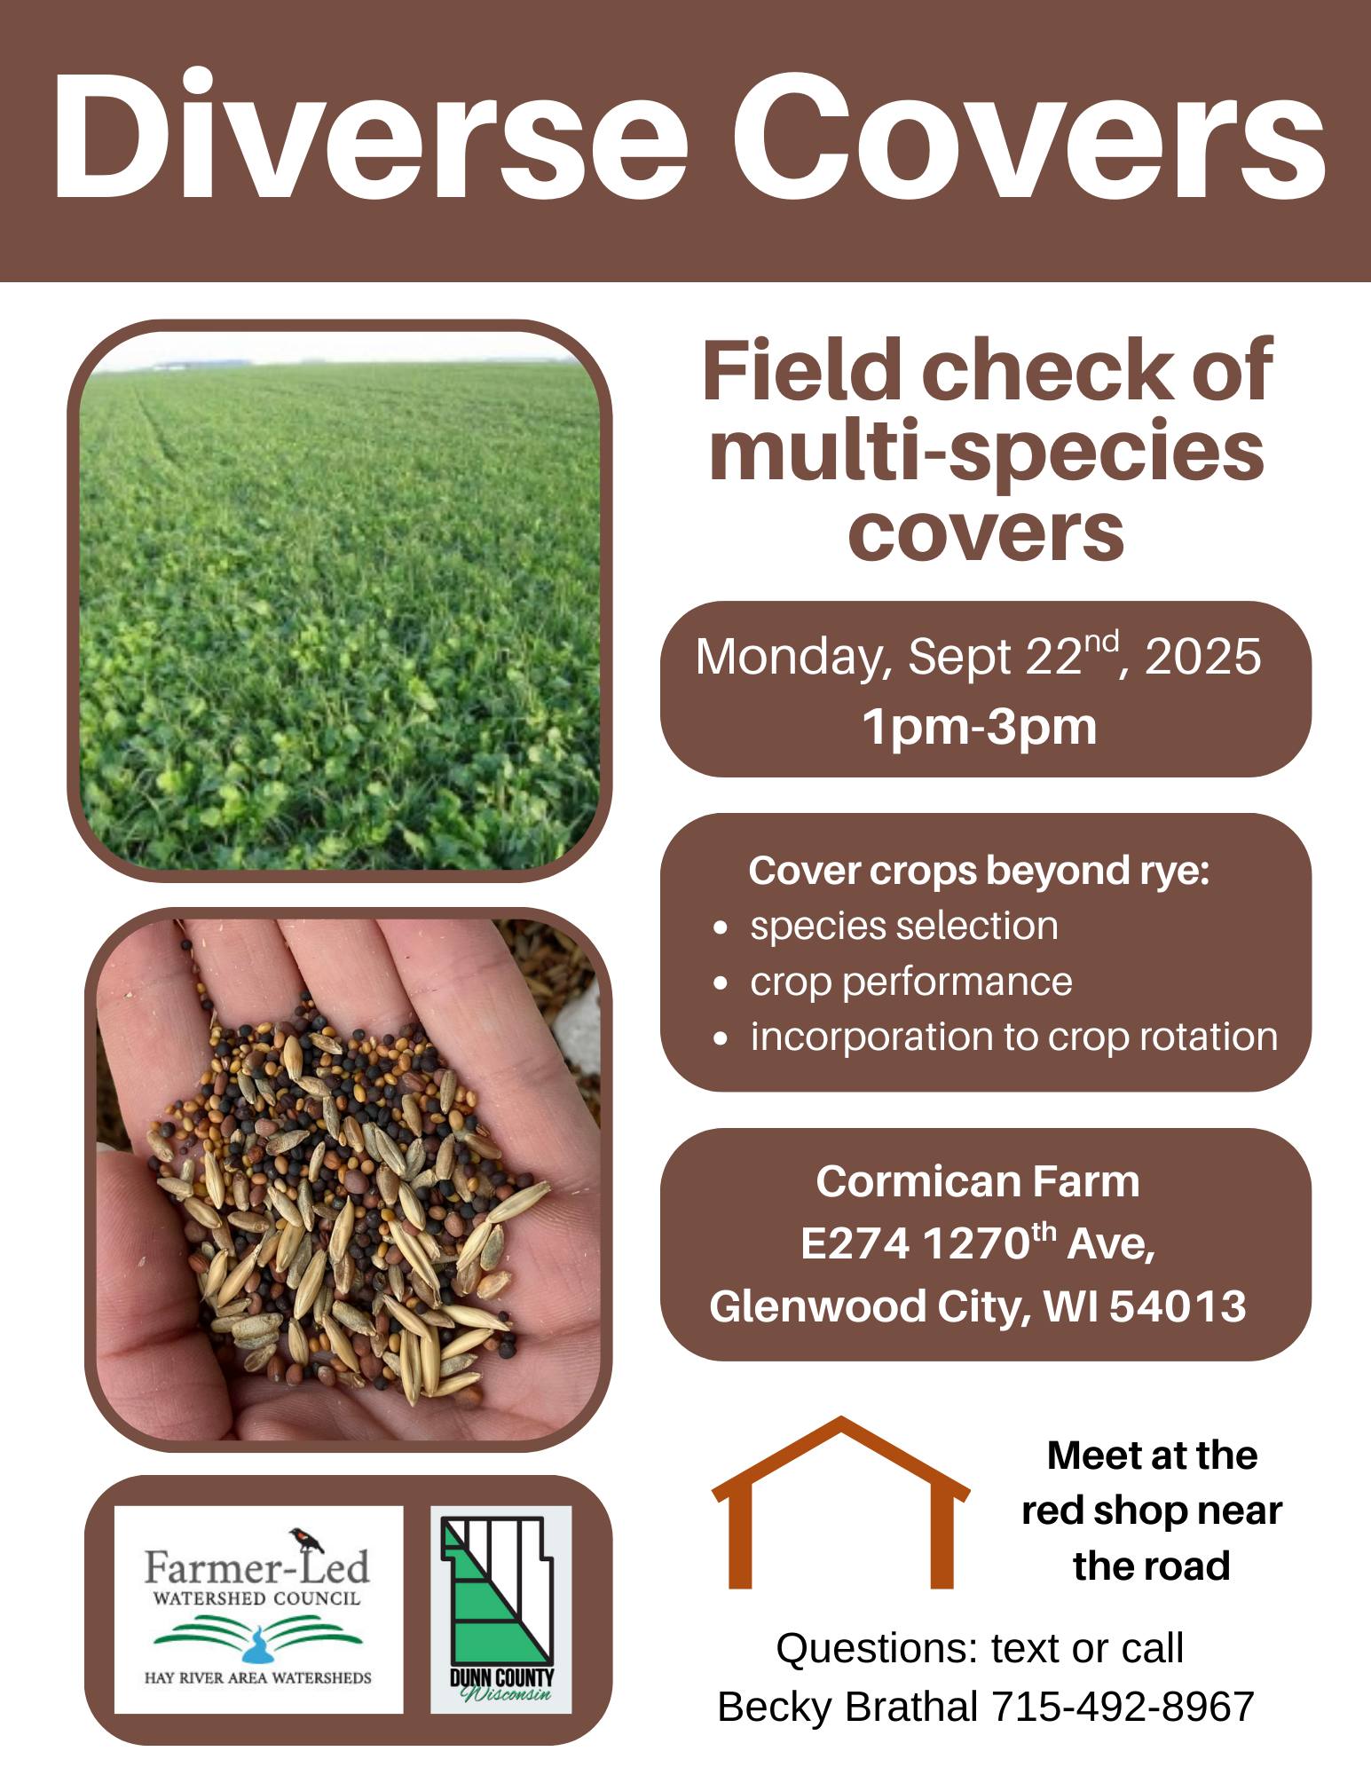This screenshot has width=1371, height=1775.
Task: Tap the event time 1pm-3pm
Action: tap(981, 727)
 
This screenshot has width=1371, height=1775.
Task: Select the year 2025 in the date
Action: tap(1202, 657)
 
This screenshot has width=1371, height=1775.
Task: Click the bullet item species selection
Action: tap(904, 927)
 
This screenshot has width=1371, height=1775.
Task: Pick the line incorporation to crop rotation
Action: tap(1014, 1037)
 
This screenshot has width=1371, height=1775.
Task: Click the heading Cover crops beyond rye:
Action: tap(979, 871)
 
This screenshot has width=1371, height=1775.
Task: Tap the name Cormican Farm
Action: tap(978, 1181)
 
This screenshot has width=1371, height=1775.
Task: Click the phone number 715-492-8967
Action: tap(1123, 1706)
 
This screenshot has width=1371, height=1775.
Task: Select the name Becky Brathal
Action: tap(847, 1706)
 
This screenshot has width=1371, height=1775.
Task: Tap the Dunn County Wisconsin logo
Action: tap(501, 1609)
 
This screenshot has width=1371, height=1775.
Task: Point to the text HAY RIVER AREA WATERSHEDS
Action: tap(258, 1677)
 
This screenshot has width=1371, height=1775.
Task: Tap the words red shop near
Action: tap(1152, 1511)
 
